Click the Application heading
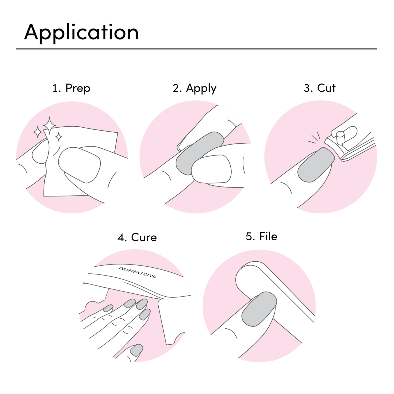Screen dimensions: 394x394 pyautogui.click(x=81, y=32)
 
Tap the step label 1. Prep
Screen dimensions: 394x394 pyautogui.click(x=71, y=88)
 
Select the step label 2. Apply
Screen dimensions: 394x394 pyautogui.click(x=195, y=88)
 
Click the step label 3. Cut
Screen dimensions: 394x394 pyautogui.click(x=320, y=88)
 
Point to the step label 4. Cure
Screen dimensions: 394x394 pyautogui.click(x=137, y=237)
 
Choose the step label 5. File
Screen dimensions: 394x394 pyautogui.click(x=261, y=236)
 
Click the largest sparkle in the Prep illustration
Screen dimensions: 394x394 pyautogui.click(x=49, y=125)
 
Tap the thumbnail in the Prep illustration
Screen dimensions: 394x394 pyautogui.click(x=79, y=165)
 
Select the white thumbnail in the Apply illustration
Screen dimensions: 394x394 pyautogui.click(x=211, y=169)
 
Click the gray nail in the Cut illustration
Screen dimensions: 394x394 pyautogui.click(x=316, y=165)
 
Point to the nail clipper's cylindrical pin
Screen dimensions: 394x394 pyautogui.click(x=340, y=137)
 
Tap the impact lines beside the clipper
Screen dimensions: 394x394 pyautogui.click(x=314, y=138)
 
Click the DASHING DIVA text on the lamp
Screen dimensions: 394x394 pyautogui.click(x=137, y=272)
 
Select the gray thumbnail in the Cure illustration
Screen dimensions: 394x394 pyautogui.click(x=136, y=350)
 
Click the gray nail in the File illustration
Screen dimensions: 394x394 pyautogui.click(x=259, y=309)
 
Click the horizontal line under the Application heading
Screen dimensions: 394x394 pyautogui.click(x=196, y=49)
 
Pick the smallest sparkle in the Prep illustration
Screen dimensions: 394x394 pyautogui.click(x=59, y=137)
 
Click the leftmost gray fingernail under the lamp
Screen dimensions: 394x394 pyautogui.click(x=108, y=308)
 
